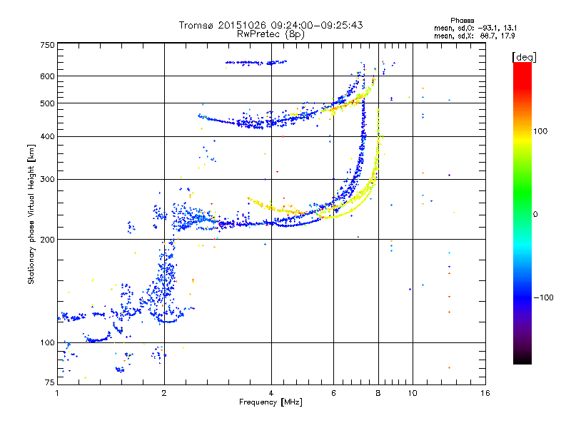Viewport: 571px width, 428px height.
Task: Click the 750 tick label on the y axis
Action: [x=47, y=45]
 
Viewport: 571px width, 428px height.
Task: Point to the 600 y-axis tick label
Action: [x=47, y=76]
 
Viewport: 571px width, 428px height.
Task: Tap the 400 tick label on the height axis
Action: [x=47, y=137]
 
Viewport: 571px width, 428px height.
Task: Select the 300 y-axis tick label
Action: [x=47, y=180]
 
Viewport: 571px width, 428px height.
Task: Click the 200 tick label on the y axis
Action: [x=47, y=240]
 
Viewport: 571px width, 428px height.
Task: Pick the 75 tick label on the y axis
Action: [x=50, y=382]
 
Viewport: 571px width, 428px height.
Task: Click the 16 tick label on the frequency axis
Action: [x=485, y=393]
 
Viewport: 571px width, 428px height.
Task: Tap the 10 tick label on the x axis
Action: [x=413, y=393]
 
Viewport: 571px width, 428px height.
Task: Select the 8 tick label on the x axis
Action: [x=378, y=393]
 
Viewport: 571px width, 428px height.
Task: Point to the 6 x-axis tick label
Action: [x=333, y=393]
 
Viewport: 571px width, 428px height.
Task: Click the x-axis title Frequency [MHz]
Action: [x=271, y=402]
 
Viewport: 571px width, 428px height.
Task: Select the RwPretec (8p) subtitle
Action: [x=271, y=34]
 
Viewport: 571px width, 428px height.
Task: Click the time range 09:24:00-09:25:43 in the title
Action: [x=317, y=25]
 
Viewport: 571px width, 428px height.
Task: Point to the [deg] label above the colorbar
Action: [x=525, y=57]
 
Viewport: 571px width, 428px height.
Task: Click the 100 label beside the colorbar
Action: [x=540, y=131]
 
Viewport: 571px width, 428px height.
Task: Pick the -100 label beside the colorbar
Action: [x=543, y=297]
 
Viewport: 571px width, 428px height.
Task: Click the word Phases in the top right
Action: [x=463, y=21]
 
